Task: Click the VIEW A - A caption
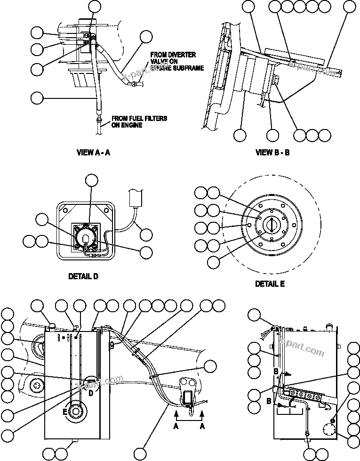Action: (x=93, y=152)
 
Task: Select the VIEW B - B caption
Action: (x=272, y=152)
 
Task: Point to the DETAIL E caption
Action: (x=270, y=284)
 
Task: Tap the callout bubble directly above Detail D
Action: (x=91, y=180)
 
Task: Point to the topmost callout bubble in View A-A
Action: (x=95, y=6)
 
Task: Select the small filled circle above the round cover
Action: (x=333, y=420)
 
